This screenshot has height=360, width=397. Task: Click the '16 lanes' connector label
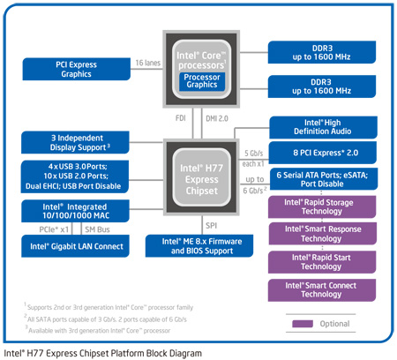coord(147,63)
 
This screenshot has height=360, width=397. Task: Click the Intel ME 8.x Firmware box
coord(198,244)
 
